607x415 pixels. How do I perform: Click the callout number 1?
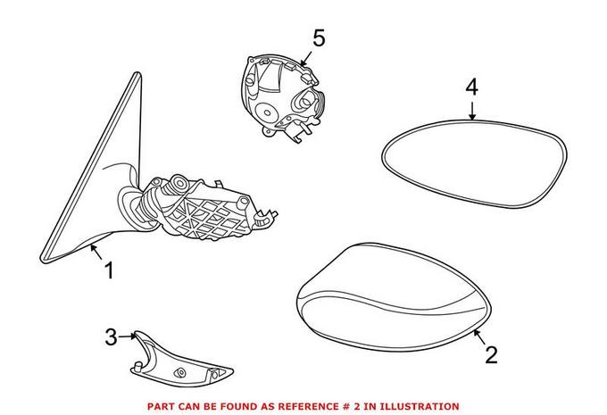tap(109, 270)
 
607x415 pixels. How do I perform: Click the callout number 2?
tap(490, 355)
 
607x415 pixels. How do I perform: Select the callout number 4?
tap(472, 87)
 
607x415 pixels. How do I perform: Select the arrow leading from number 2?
tap(479, 338)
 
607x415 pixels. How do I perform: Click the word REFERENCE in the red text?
tap(303, 406)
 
